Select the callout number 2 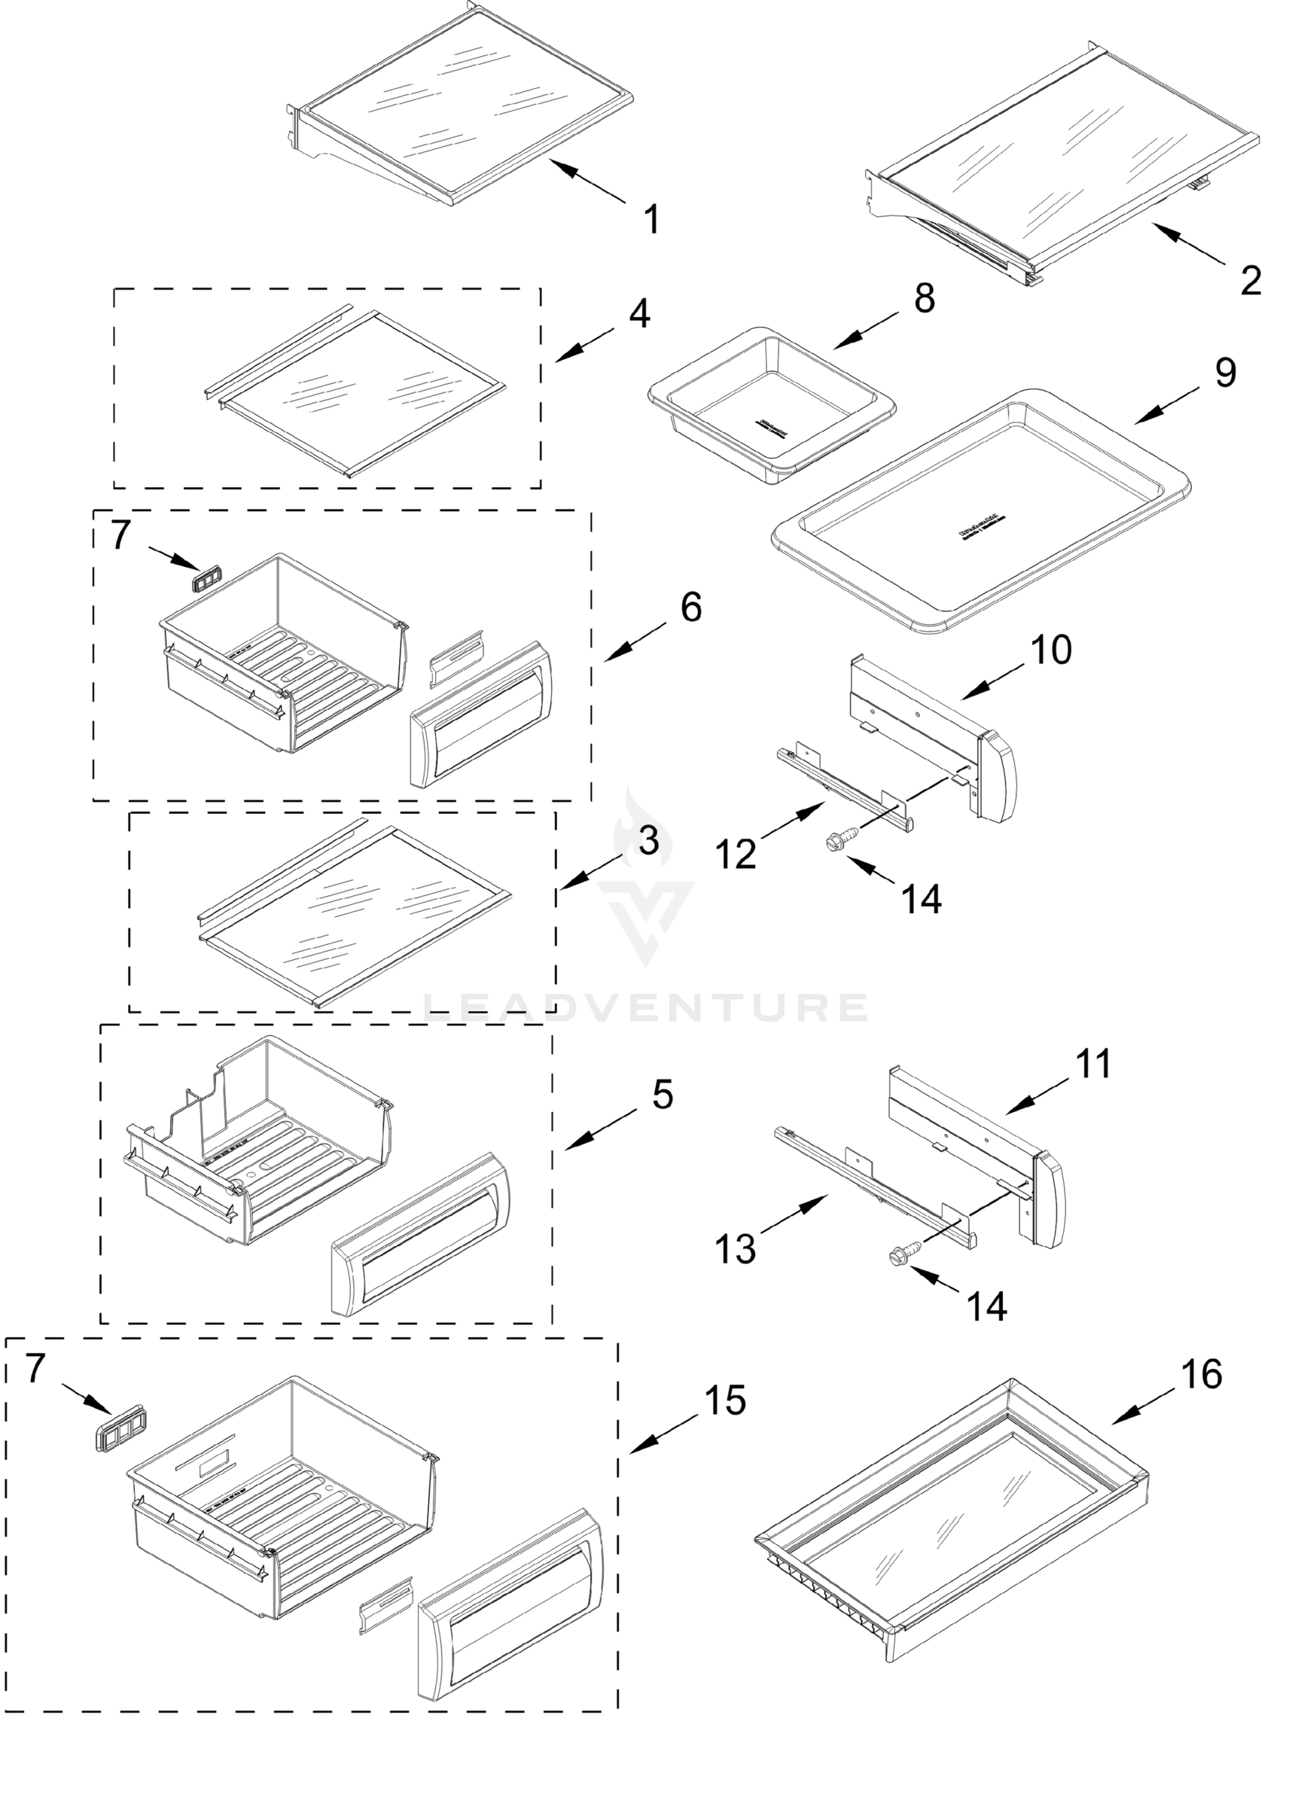(1251, 281)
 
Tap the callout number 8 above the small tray (924, 298)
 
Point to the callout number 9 (1225, 372)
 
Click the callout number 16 (1202, 1374)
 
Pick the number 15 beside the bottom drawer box (725, 1400)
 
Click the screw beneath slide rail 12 (843, 836)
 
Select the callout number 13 (734, 1248)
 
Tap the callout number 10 (1051, 650)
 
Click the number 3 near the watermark (648, 841)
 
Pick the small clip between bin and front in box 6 (457, 658)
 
